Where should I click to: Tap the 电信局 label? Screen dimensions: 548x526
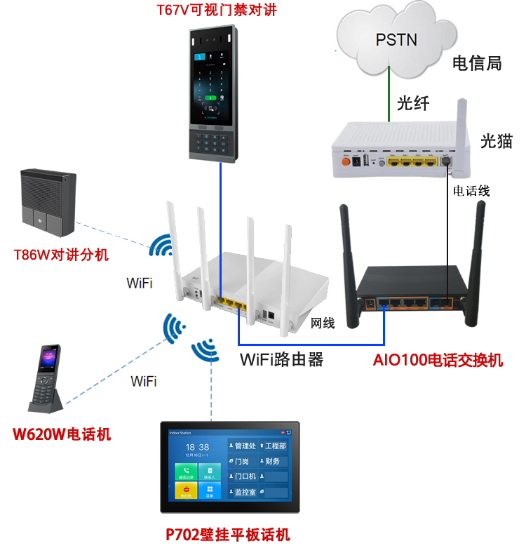click(477, 63)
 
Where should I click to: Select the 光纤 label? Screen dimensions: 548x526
click(413, 103)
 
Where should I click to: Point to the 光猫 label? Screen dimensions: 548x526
click(496, 141)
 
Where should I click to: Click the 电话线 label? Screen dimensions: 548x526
click(471, 190)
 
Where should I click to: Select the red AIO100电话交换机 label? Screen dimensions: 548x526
click(438, 361)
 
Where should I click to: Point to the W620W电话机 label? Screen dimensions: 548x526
click(62, 434)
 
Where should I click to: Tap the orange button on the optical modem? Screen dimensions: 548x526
click(345, 161)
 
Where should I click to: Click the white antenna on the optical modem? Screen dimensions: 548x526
click(461, 126)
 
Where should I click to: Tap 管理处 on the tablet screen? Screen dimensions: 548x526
click(246, 446)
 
